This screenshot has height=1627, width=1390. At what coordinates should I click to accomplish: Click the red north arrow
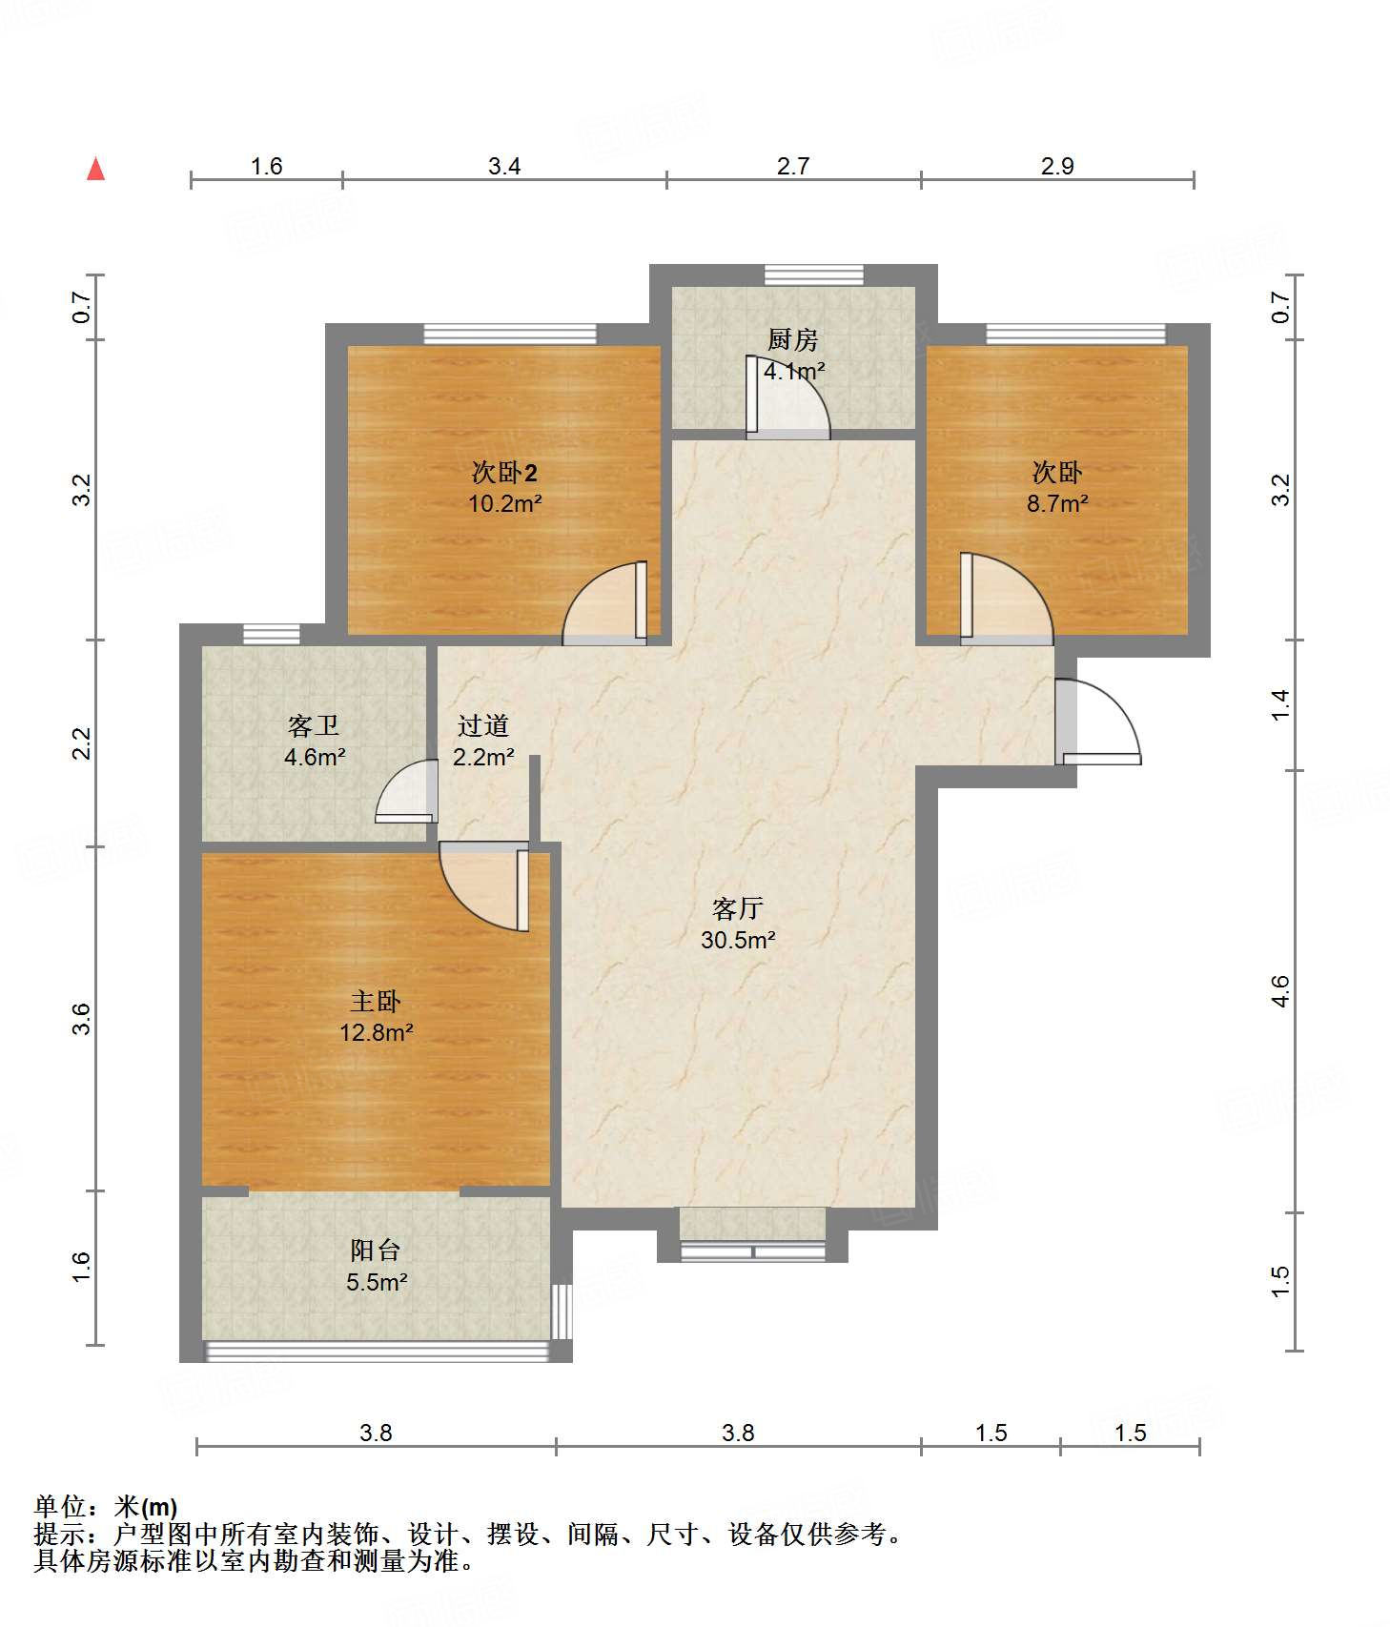(95, 169)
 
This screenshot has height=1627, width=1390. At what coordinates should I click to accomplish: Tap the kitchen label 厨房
(793, 338)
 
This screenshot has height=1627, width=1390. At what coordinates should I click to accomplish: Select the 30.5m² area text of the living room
(738, 940)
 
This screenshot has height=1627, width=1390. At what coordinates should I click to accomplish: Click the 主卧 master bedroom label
(376, 1001)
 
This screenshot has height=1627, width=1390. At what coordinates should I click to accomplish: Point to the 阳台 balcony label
(376, 1250)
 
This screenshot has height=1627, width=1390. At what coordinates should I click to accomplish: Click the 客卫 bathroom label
(314, 725)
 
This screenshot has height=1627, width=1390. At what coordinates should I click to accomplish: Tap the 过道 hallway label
(483, 725)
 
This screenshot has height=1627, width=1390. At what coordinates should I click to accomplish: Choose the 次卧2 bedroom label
(505, 472)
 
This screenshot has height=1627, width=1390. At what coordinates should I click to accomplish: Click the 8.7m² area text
(1057, 503)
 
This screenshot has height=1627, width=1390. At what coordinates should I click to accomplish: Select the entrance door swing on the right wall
(1096, 722)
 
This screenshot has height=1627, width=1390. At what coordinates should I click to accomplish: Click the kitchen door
(787, 397)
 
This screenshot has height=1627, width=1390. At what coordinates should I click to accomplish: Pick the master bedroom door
(484, 886)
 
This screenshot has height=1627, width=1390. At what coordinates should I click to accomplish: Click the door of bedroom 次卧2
(605, 603)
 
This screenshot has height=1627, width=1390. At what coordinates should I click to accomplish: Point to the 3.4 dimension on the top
(504, 166)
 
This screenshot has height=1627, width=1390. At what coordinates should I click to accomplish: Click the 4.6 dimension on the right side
(1281, 991)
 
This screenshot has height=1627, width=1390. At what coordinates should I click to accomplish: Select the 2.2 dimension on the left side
(83, 743)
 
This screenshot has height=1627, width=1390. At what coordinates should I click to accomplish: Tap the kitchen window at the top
(814, 275)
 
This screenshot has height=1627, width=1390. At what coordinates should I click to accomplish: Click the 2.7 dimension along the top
(793, 166)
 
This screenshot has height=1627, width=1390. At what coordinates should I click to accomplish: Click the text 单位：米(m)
(106, 1506)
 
